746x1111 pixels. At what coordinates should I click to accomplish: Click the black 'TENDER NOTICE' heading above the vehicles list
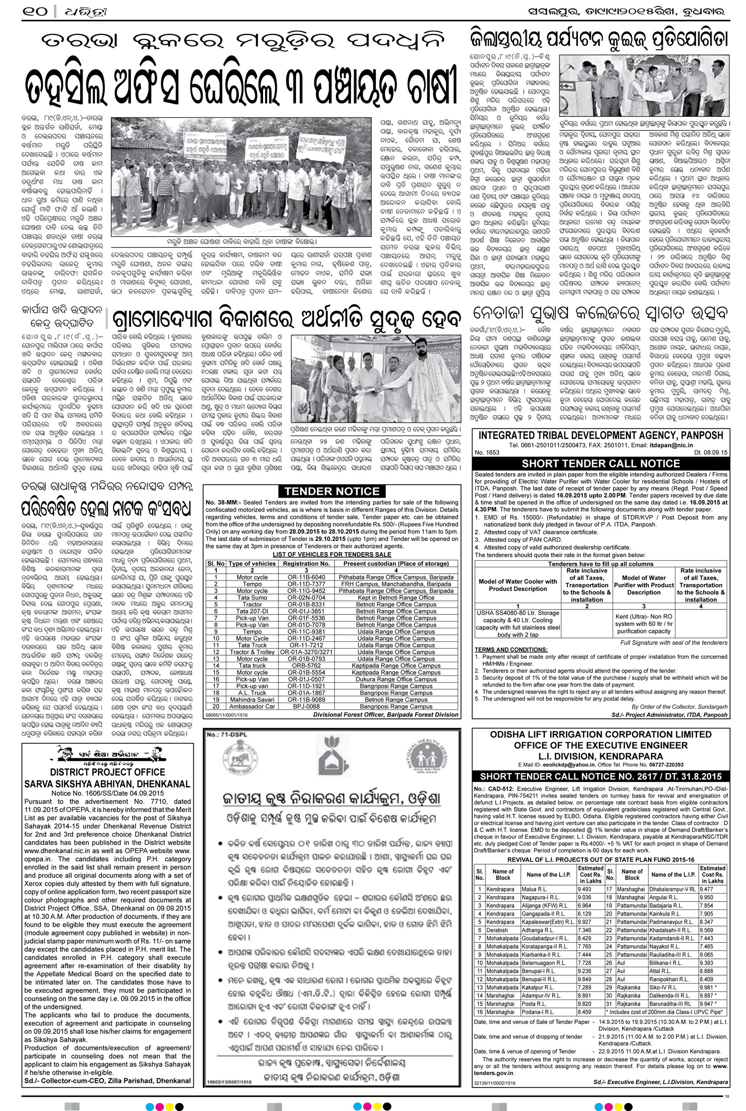[332, 492]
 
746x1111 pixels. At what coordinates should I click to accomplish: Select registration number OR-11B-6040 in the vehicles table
[306, 577]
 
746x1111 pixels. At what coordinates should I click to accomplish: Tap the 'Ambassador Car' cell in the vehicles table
[252, 707]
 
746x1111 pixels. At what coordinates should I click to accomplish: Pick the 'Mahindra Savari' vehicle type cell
[252, 700]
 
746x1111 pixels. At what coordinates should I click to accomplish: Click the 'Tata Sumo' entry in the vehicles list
[252, 598]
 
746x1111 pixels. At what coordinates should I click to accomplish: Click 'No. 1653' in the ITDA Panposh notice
[486, 452]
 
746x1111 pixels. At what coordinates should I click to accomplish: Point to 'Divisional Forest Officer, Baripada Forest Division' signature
[385, 714]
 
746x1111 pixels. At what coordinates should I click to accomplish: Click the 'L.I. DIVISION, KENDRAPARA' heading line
[600, 756]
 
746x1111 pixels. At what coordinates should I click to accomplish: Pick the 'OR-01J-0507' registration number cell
[306, 679]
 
